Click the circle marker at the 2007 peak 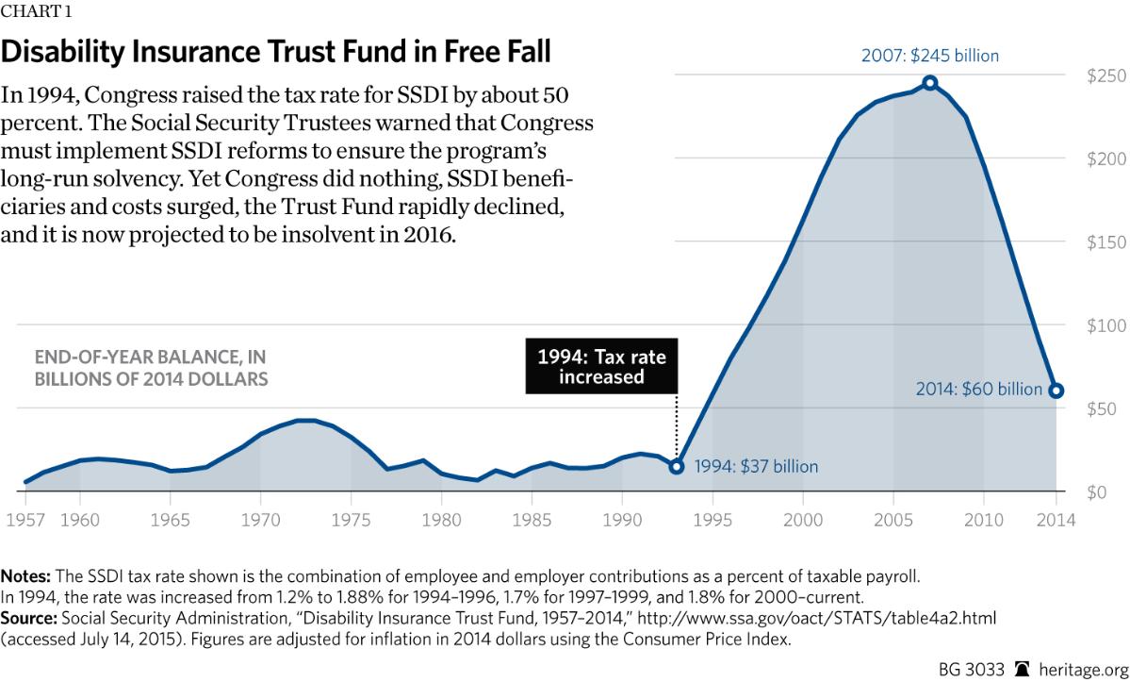(930, 83)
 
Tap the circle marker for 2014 (1056, 391)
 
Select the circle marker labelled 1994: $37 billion (677, 466)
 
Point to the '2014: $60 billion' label (979, 390)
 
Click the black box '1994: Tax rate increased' (601, 367)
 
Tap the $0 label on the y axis (1097, 492)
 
